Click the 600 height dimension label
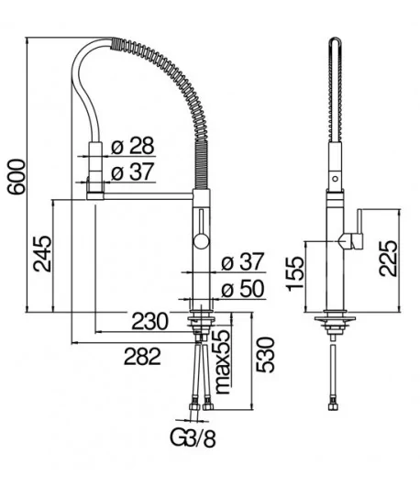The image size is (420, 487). click(17, 177)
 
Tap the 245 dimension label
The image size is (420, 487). click(43, 254)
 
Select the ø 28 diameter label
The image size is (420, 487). click(133, 145)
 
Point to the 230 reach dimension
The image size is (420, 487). click(150, 322)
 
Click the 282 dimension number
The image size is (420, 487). click(142, 356)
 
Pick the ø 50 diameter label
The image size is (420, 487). click(243, 289)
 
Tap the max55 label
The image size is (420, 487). click(223, 361)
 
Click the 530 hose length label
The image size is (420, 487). click(266, 355)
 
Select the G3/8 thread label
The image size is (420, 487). click(193, 438)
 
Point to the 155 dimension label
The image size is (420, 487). click(295, 273)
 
